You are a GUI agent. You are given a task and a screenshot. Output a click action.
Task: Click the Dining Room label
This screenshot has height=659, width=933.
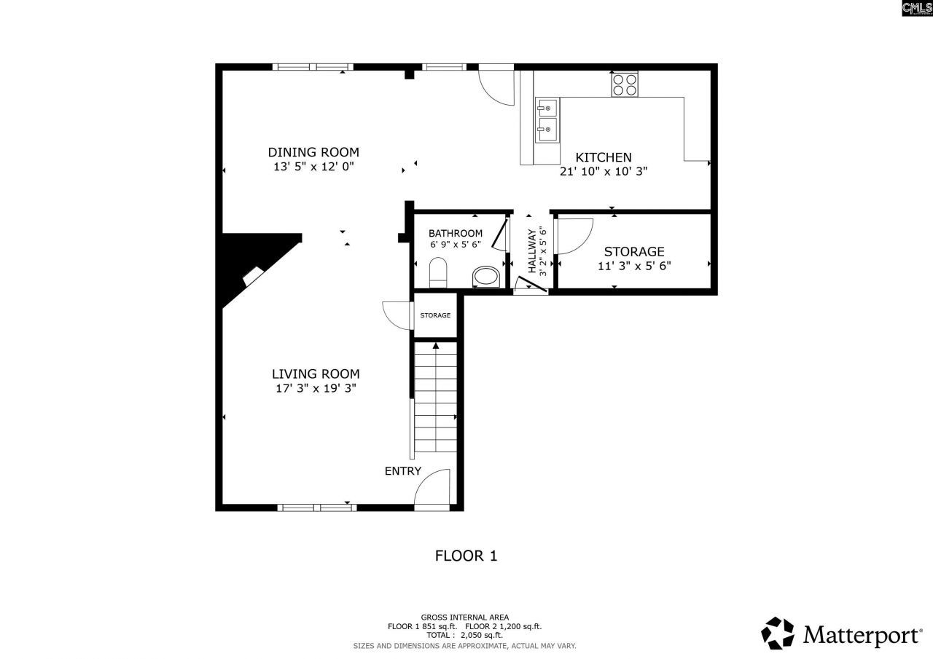pos(313,152)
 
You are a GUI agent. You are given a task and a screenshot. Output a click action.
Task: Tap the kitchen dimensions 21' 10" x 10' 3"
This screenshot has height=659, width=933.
pos(604,172)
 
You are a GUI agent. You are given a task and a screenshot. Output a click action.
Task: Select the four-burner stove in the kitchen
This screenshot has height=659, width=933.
pos(625,84)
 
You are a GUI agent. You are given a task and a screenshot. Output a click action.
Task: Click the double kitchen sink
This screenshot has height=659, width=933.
pos(547,120)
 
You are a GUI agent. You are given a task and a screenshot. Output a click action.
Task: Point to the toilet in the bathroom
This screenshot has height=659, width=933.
pos(438,272)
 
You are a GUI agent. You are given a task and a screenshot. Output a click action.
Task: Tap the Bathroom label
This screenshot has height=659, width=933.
pos(455,233)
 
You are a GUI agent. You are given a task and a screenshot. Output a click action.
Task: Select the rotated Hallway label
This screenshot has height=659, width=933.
pos(531,251)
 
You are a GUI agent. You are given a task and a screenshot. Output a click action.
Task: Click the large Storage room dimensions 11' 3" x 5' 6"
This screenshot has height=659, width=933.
pos(634,266)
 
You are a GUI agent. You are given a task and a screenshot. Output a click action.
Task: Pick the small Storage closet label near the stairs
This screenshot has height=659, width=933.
pos(435,315)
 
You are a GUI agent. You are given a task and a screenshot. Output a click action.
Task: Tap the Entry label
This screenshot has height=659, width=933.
pos(402,471)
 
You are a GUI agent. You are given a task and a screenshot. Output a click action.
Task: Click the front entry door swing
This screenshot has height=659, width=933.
pos(434,488)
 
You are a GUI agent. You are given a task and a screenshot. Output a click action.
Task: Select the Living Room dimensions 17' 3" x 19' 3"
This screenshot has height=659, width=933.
pos(314,389)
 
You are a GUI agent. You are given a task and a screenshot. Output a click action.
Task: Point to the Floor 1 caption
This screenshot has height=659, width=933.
pos(466,556)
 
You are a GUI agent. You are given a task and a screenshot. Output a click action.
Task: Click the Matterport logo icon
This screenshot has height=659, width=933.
pos(778,634)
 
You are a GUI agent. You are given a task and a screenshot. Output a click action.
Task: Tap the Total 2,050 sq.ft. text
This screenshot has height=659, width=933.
pos(465,635)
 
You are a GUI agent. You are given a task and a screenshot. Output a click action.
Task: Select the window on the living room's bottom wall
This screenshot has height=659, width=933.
pos(316,507)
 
